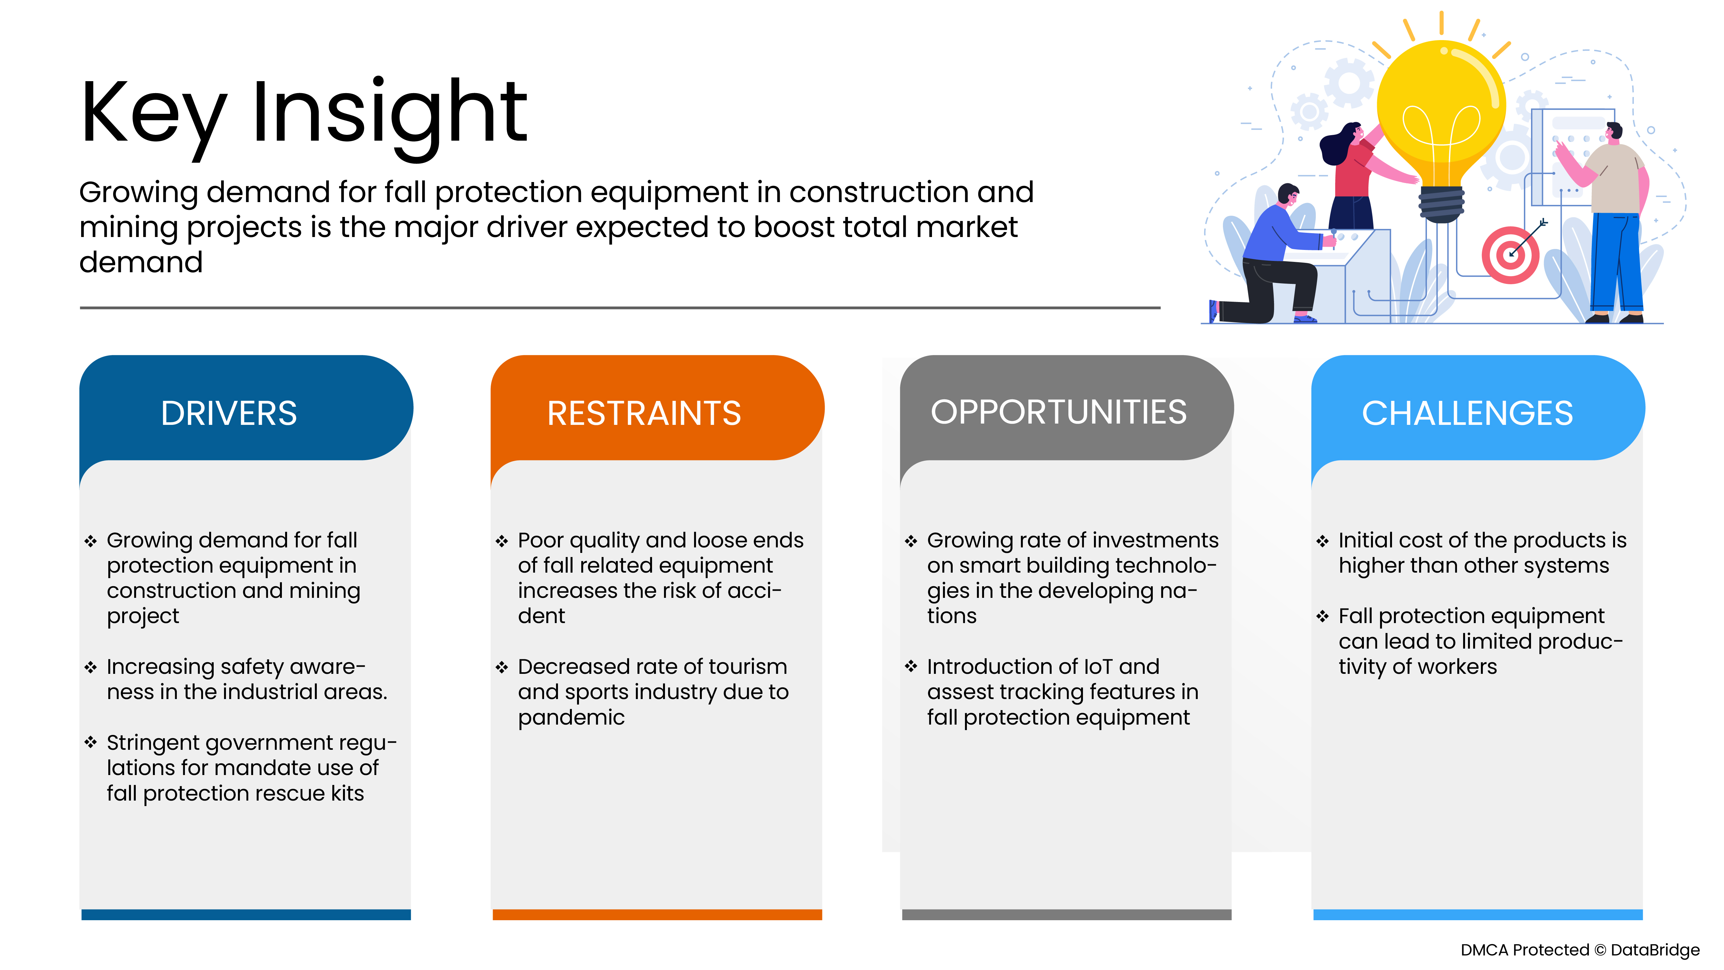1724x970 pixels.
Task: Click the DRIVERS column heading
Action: (229, 413)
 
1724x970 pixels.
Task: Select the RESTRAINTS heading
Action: (644, 413)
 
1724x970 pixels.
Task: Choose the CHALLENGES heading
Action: (1467, 413)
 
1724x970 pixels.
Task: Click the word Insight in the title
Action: (390, 114)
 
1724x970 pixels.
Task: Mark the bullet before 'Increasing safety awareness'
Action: (90, 667)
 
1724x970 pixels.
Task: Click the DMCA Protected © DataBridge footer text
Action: (1579, 950)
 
